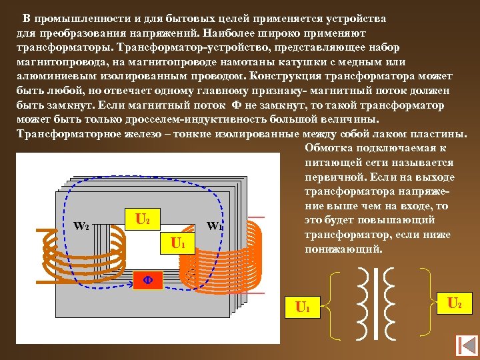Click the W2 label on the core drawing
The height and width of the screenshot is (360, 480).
tap(81, 226)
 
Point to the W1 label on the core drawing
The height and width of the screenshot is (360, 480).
tap(215, 225)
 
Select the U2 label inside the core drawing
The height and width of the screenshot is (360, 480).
tap(143, 218)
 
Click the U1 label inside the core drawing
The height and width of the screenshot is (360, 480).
tap(178, 243)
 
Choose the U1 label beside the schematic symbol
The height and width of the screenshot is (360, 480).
tap(303, 307)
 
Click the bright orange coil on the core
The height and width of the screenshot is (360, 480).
tap(216, 256)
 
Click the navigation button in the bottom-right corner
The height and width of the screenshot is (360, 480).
tap(464, 346)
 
